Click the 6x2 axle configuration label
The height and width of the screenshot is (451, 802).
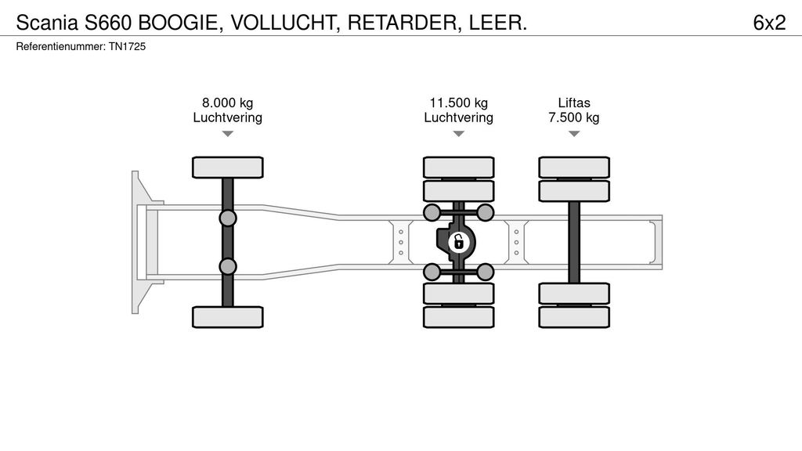tap(768, 23)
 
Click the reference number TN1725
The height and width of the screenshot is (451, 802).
tap(127, 47)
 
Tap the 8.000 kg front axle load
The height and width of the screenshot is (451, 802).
tap(227, 103)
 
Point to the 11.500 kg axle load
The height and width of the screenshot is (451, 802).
tap(458, 103)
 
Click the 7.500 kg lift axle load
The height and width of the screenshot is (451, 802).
tap(574, 117)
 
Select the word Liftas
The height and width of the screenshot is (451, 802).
tap(574, 103)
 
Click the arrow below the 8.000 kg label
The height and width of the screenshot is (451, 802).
tap(227, 134)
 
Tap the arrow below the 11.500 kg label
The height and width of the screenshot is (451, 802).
tap(458, 134)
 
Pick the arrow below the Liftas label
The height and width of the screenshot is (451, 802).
tap(574, 134)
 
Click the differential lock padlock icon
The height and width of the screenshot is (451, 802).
tap(459, 242)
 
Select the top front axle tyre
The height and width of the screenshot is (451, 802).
tap(228, 167)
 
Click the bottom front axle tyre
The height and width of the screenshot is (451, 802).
tap(228, 316)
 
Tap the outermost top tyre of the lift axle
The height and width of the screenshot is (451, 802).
tap(574, 167)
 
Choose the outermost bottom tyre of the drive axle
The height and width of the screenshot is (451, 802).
tap(459, 316)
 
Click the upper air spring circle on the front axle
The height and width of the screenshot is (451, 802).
tap(228, 218)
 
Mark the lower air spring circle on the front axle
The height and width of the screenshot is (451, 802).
tap(228, 266)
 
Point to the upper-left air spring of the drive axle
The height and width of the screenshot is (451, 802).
tap(432, 212)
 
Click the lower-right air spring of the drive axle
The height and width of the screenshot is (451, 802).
tap(486, 272)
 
